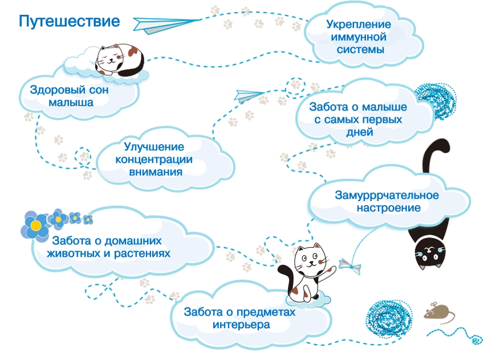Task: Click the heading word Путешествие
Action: point(69,22)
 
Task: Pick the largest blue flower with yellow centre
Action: point(35,224)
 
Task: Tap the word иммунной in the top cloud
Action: point(359,37)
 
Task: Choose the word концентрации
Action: point(154,159)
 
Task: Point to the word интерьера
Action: point(241,325)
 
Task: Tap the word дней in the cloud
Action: point(359,132)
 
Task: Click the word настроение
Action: point(389,208)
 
